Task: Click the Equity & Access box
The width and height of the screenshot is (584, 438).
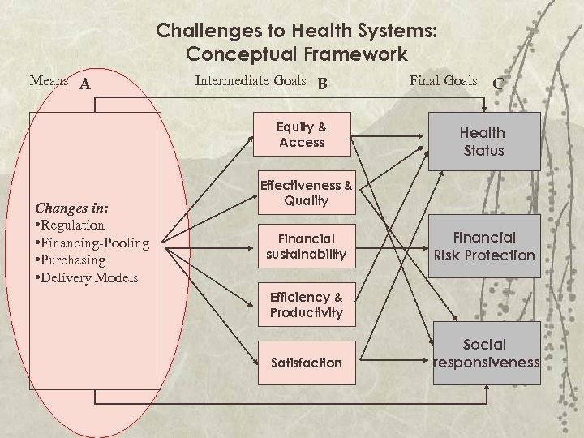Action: (x=302, y=135)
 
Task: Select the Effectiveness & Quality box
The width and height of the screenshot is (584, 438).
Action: (x=307, y=193)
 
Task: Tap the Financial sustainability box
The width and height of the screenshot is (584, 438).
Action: (x=307, y=247)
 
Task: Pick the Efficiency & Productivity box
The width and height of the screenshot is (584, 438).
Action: (x=307, y=305)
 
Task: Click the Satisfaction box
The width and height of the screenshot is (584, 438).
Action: (x=307, y=363)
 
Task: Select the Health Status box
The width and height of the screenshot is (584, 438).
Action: (x=483, y=142)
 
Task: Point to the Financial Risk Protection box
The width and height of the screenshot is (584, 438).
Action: (x=485, y=247)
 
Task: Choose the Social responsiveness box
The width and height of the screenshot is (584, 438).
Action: (x=485, y=354)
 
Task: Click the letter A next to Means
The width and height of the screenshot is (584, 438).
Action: (x=84, y=83)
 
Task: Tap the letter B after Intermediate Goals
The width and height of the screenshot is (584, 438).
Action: (x=323, y=83)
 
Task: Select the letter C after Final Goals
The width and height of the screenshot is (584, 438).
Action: (x=498, y=83)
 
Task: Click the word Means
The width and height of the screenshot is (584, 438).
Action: (x=49, y=80)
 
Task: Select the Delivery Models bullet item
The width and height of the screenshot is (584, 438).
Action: (x=88, y=277)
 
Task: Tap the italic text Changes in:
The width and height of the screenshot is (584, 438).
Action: (x=72, y=207)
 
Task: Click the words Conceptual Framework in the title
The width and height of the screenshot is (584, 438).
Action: (x=296, y=54)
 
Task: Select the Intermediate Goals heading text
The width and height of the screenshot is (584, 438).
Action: (x=251, y=80)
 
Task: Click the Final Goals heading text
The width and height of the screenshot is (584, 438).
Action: (x=444, y=80)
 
